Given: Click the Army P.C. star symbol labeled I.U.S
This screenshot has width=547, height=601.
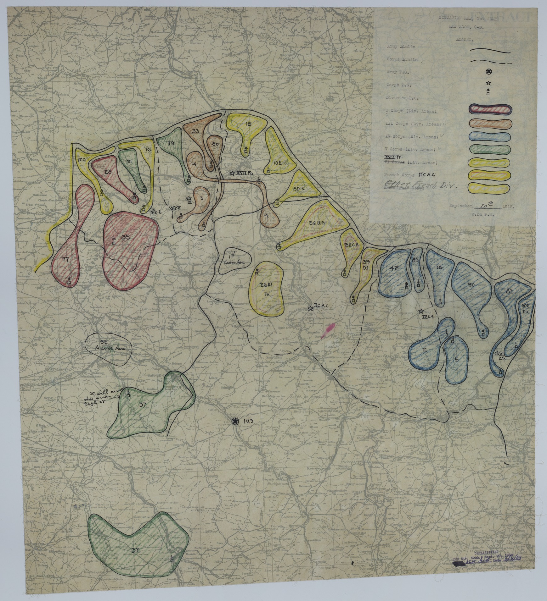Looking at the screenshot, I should point(234,422).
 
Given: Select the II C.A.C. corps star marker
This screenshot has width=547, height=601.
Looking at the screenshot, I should point(310,308).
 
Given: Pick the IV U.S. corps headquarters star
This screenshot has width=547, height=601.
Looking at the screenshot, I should point(421,312).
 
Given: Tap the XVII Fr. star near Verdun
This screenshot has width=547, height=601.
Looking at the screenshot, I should point(232,173).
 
